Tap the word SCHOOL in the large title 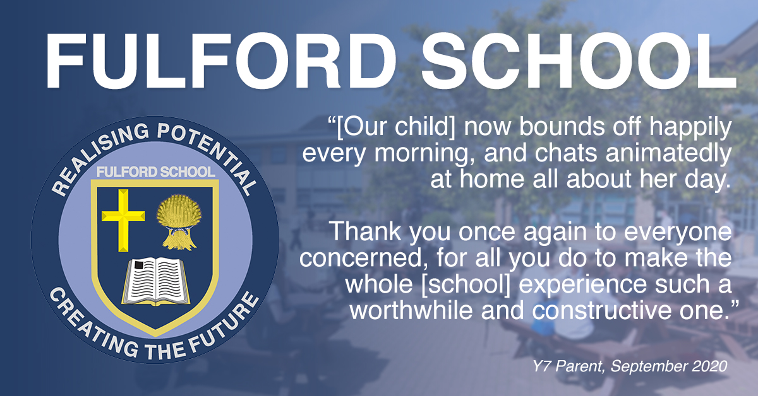pos(579,61)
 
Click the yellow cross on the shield pos(123,220)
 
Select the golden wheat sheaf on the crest pos(179,222)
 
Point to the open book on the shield pos(155,281)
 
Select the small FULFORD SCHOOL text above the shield pos(155,172)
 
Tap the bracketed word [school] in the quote pos(466,284)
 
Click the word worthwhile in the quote pos(411,311)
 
